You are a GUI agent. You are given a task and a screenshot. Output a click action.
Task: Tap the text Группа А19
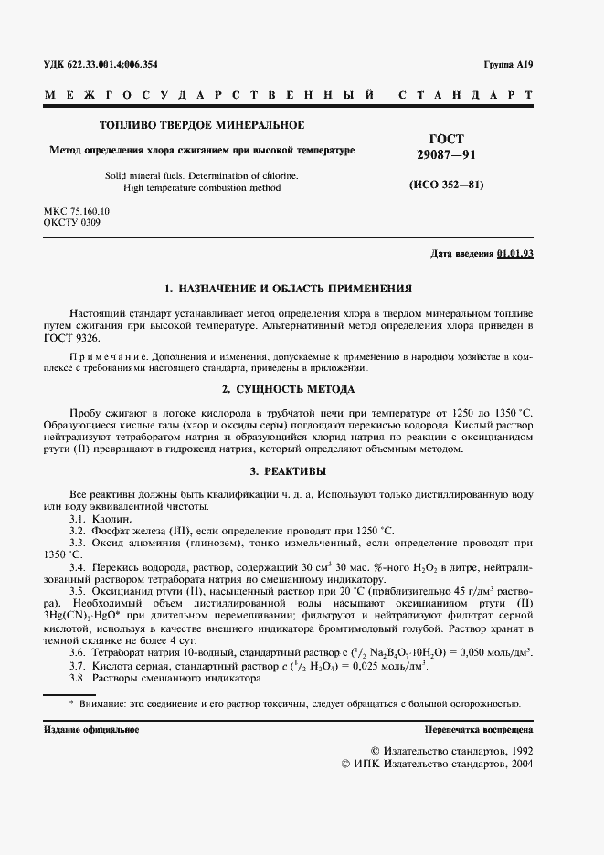508,65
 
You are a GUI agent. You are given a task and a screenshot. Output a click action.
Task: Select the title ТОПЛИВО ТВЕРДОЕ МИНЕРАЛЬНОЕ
201,125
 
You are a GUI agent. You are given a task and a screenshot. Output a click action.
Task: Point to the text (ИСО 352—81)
446,185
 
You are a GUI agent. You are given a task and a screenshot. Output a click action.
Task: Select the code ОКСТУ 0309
72,222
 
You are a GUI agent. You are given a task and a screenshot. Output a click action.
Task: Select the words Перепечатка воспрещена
479,729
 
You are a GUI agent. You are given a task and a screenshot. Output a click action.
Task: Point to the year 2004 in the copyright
522,763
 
